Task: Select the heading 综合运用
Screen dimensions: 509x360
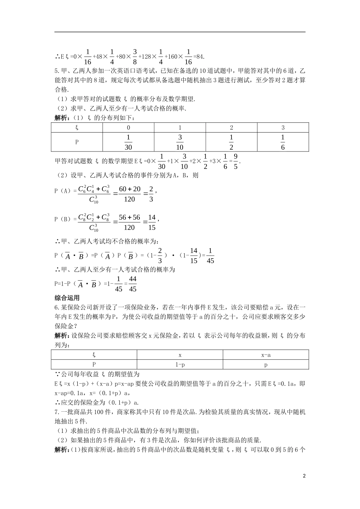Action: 67,298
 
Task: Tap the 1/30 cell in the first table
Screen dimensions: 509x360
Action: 128,142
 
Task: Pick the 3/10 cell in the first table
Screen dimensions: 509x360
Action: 180,142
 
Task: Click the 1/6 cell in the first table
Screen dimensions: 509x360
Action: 283,142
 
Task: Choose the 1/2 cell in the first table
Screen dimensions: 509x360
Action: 231,142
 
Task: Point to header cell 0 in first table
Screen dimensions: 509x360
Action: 128,128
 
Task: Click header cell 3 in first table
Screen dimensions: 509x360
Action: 283,128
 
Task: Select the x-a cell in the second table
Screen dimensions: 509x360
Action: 266,355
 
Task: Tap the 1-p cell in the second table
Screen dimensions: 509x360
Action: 180,364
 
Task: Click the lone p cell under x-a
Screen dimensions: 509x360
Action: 266,364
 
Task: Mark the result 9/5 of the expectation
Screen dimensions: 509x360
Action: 235,161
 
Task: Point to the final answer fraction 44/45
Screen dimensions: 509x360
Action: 132,284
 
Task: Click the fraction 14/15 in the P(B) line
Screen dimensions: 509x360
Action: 152,222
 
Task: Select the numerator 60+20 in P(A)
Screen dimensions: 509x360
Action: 130,189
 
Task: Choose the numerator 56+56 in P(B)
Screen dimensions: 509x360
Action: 129,217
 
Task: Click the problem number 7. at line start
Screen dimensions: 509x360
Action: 57,412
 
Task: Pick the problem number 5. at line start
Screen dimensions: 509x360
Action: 57,71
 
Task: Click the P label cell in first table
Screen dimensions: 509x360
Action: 77,142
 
